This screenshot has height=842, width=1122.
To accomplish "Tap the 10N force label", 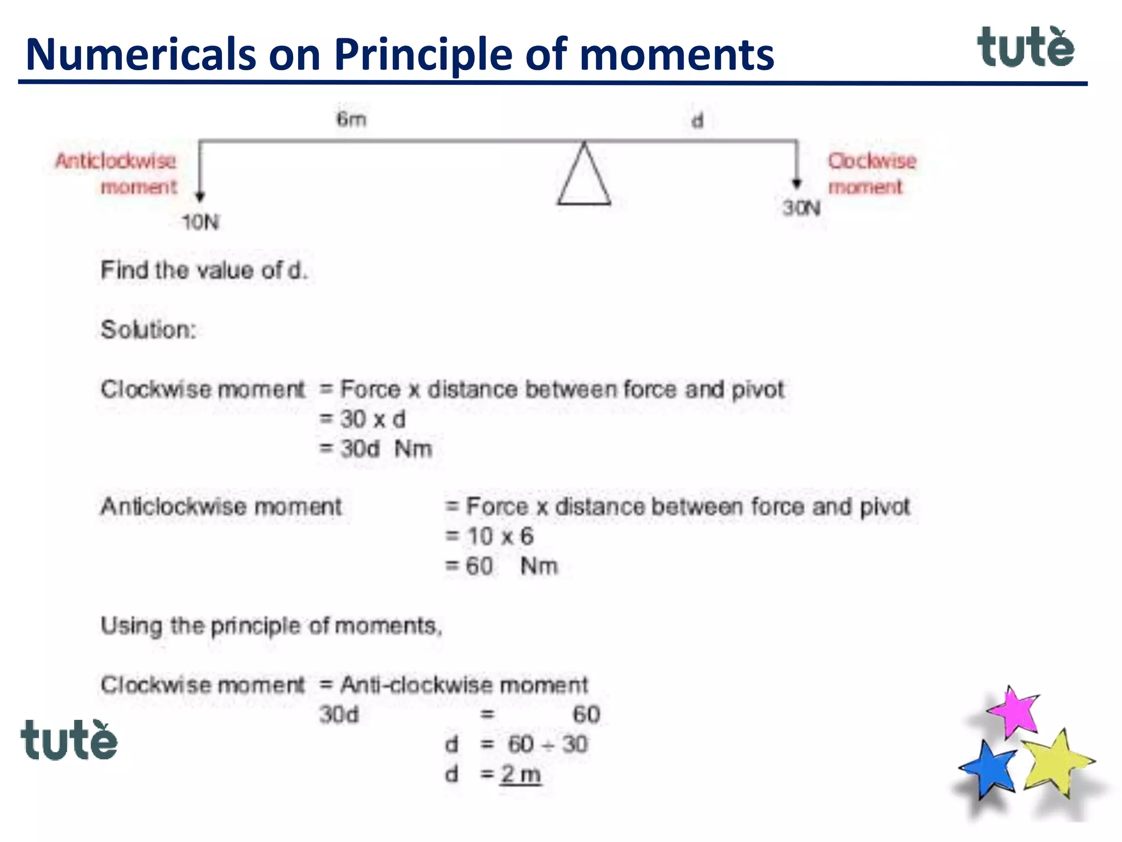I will (x=201, y=222).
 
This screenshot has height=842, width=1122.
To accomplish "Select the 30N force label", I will (x=802, y=208).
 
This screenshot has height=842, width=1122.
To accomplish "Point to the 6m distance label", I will (x=351, y=119).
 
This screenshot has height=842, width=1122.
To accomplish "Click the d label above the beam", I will (x=697, y=120).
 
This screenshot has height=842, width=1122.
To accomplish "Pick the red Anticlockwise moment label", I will (x=117, y=173).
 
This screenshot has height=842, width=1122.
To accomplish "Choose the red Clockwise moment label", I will (x=871, y=173).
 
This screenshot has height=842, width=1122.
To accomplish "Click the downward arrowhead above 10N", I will (x=200, y=196).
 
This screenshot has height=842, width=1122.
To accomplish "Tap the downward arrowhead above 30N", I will (x=797, y=184).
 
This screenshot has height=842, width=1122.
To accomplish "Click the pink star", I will (x=1015, y=711).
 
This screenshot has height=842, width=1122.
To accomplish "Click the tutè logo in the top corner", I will (x=1026, y=48).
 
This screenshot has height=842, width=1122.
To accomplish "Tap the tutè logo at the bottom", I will (x=69, y=741).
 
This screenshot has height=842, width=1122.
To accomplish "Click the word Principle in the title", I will (x=424, y=54).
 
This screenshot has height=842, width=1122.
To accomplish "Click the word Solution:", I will (x=148, y=329).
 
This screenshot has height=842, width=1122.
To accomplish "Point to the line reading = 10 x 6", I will (x=490, y=536).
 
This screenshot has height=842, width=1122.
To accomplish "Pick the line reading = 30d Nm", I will (x=376, y=449).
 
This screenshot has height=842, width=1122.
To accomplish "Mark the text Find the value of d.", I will (x=204, y=270).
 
